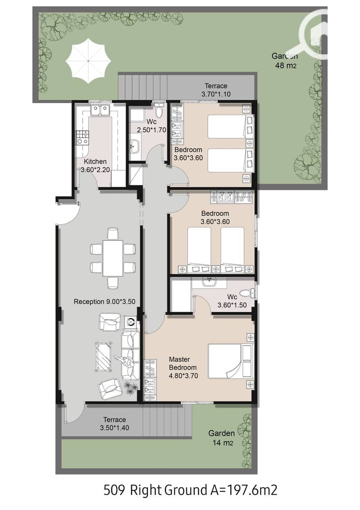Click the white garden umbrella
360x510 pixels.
(88, 61)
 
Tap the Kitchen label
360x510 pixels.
(95, 161)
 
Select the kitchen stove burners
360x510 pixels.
(82, 137)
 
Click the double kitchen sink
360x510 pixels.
(100, 110)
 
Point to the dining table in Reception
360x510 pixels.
(113, 257)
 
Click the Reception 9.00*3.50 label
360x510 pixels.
(105, 302)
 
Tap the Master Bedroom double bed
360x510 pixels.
(230, 361)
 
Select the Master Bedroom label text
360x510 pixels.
(182, 363)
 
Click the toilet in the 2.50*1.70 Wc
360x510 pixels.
(159, 110)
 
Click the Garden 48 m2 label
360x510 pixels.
(285, 60)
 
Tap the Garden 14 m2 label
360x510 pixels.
(222, 438)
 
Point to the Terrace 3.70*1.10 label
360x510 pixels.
(216, 90)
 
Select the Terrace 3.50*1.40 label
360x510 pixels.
(114, 423)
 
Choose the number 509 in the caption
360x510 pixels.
(114, 490)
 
